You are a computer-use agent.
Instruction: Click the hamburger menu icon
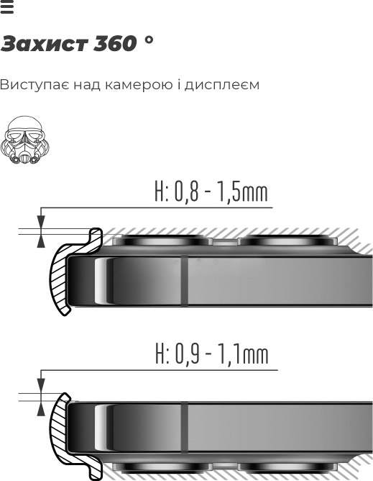pyautogui.click(x=7, y=6)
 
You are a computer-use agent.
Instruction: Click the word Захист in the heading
pyautogui.click(x=44, y=43)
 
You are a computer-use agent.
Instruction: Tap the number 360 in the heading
pyautogui.click(x=115, y=43)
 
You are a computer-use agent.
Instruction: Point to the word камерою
pyautogui.click(x=139, y=85)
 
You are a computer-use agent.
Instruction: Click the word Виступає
pyautogui.click(x=34, y=85)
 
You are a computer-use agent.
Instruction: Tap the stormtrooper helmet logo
pyautogui.click(x=25, y=140)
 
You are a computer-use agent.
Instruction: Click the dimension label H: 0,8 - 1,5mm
pyautogui.click(x=211, y=192)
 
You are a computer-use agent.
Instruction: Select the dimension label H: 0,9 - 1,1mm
pyautogui.click(x=212, y=354)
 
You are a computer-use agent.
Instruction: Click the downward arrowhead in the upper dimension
pyautogui.click(x=41, y=222)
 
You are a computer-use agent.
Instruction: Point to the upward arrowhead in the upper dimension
pyautogui.click(x=41, y=240)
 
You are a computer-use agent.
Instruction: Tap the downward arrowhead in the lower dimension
pyautogui.click(x=41, y=386)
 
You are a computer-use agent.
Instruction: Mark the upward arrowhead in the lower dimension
pyautogui.click(x=41, y=408)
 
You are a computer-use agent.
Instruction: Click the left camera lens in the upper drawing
pyautogui.click(x=162, y=240)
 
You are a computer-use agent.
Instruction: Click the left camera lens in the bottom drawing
pyautogui.click(x=162, y=467)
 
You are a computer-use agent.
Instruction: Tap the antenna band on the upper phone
pyautogui.click(x=185, y=280)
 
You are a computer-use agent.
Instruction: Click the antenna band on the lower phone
pyautogui.click(x=185, y=427)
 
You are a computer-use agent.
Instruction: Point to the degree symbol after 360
pyautogui.click(x=149, y=40)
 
